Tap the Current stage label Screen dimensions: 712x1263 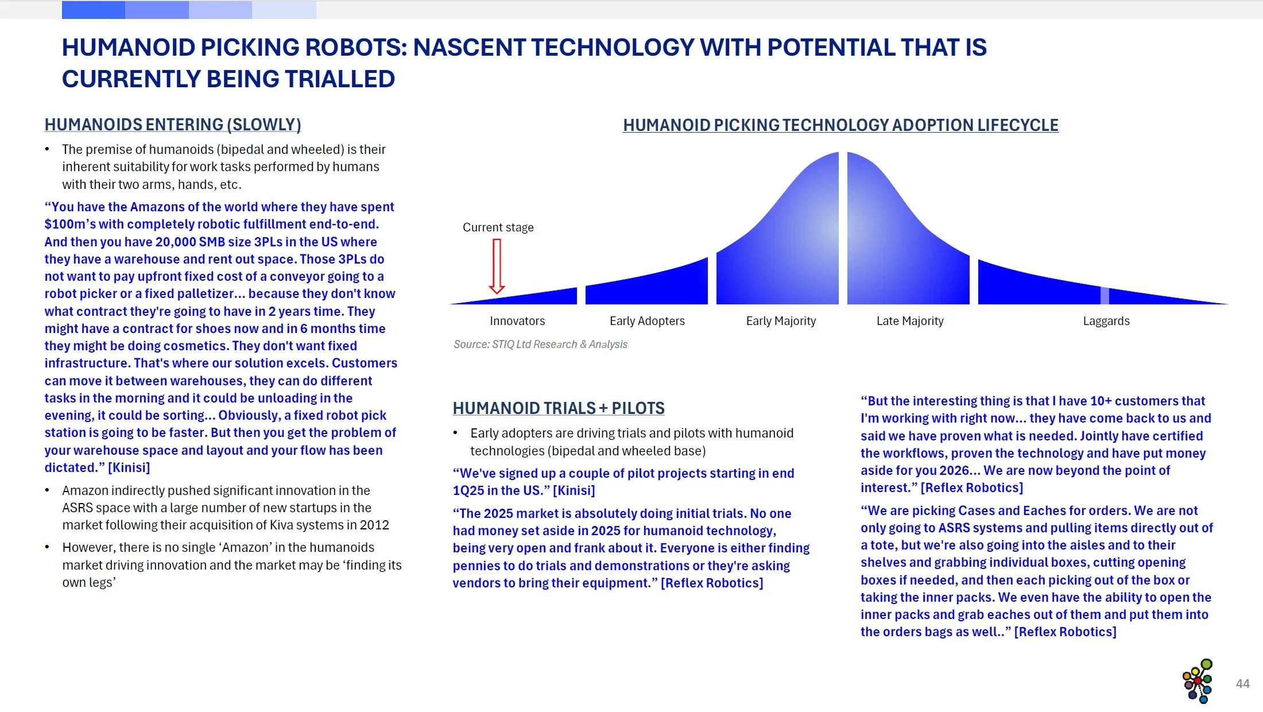coord(498,227)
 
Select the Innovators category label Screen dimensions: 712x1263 coord(517,321)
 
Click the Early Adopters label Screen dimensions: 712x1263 coord(647,321)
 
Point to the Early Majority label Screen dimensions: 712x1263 coord(781,321)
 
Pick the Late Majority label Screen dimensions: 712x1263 coord(910,321)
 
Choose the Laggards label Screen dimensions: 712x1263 coord(1106,321)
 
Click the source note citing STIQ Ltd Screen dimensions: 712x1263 coord(540,345)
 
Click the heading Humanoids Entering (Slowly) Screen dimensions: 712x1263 coord(173,125)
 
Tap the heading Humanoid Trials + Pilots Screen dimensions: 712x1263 coord(558,408)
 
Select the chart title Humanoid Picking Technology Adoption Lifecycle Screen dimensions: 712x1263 coord(840,125)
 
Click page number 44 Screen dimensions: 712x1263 coord(1242,684)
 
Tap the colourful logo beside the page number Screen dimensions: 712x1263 coord(1198,681)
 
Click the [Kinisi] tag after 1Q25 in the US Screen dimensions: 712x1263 coord(574,491)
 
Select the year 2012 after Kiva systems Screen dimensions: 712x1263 coord(375,525)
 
